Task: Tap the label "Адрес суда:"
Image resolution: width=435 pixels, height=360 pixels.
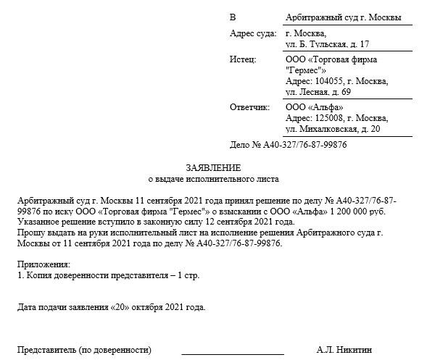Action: [252, 33]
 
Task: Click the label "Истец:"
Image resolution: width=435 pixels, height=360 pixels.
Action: [243, 59]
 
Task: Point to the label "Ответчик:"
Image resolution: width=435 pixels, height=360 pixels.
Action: [249, 107]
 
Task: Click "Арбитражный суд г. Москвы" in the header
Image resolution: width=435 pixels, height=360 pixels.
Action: [344, 17]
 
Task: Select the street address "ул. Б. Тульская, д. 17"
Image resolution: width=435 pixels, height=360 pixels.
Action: [328, 44]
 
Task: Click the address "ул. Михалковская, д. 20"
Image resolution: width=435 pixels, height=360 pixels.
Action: [333, 129]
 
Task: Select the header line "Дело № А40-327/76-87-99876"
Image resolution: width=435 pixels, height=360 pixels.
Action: [288, 145]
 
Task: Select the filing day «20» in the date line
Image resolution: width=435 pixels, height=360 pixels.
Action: [120, 307]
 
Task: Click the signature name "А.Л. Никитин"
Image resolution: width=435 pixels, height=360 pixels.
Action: [344, 350]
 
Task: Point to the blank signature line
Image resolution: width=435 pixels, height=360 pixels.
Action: [232, 353]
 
